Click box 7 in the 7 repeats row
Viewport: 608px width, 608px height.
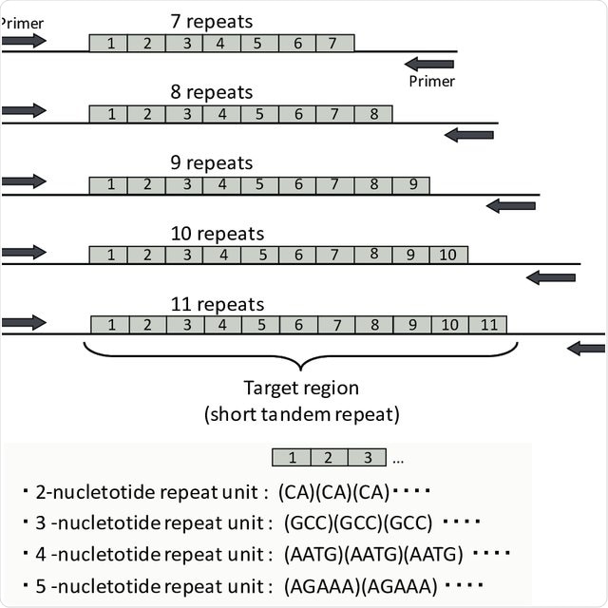click(332, 43)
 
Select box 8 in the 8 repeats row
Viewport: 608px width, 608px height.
click(374, 114)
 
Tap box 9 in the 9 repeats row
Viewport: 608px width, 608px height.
click(411, 184)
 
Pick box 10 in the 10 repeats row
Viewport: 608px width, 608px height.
click(448, 255)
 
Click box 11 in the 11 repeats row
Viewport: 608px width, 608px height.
click(488, 325)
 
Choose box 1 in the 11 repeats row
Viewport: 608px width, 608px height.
click(112, 325)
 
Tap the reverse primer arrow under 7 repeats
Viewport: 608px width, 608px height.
click(428, 64)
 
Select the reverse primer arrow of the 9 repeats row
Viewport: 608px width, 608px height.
click(511, 205)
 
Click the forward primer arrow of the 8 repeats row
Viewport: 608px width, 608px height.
click(24, 111)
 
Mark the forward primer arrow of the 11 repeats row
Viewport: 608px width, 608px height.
click(24, 323)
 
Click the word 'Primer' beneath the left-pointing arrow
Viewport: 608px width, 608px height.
click(432, 82)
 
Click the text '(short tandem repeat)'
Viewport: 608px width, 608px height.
click(299, 414)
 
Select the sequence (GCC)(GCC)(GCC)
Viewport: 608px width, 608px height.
click(355, 522)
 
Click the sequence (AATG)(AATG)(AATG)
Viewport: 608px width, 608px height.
click(373, 554)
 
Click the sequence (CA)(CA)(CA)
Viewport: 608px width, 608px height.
click(333, 492)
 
